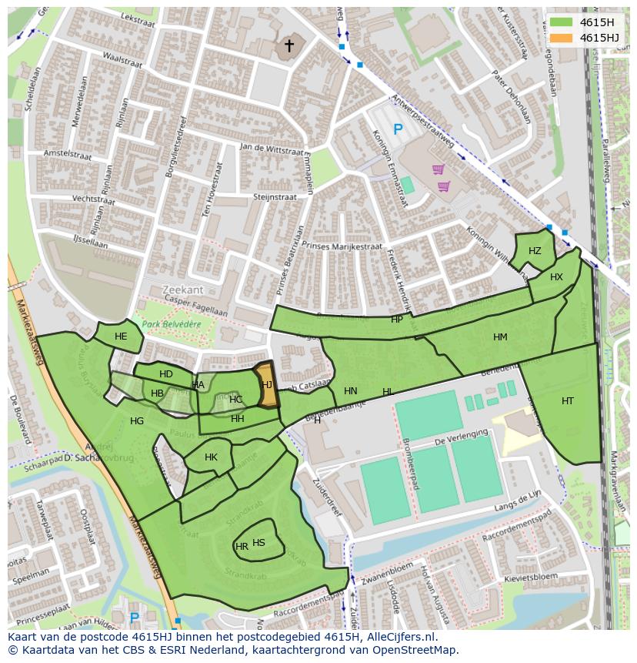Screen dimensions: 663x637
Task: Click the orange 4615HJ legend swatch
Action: (562, 38)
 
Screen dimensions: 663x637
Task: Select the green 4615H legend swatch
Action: (562, 22)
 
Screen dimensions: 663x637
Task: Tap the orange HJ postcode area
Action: (267, 385)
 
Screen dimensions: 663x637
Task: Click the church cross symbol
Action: (289, 46)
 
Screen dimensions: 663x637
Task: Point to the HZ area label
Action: (535, 251)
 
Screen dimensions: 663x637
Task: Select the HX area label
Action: (556, 277)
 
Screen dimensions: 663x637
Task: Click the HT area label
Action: (567, 400)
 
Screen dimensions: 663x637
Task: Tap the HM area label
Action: (500, 337)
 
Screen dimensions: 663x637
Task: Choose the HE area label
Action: (121, 337)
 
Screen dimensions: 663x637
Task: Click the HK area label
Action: (211, 457)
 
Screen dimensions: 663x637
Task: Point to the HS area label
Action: (258, 543)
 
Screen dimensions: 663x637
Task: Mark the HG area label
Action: (137, 421)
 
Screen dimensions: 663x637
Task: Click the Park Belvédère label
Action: (166, 324)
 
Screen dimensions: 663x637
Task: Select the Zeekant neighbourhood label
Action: (183, 290)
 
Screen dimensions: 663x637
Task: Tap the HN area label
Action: (351, 391)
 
